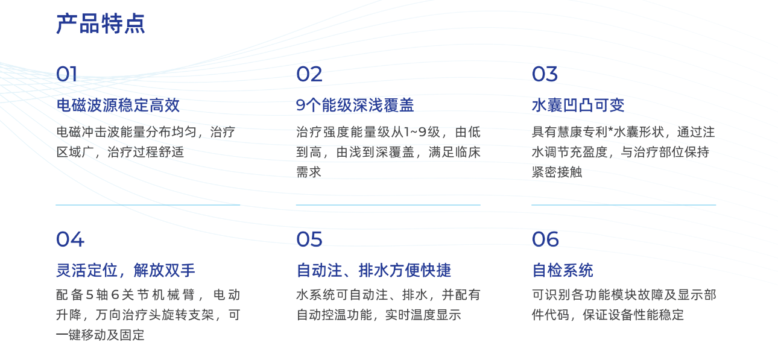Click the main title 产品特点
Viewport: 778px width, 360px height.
point(100,24)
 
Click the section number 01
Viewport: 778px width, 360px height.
point(66,74)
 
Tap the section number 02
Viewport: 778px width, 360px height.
point(309,74)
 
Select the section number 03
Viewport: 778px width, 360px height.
point(545,74)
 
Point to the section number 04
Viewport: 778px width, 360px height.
point(70,239)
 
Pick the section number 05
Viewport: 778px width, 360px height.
point(309,239)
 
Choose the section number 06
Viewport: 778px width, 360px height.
point(545,239)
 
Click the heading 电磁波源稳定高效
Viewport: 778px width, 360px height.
point(118,105)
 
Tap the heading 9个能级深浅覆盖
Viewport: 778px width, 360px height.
point(355,105)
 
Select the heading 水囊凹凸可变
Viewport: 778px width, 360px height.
point(578,105)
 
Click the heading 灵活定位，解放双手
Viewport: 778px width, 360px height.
point(125,270)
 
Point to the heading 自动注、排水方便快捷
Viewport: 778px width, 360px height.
point(374,270)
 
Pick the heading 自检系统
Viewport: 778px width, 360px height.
point(563,270)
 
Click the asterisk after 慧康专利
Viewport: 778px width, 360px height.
point(610,130)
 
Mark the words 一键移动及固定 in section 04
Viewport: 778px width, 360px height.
point(100,335)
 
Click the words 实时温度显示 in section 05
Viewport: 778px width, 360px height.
point(423,315)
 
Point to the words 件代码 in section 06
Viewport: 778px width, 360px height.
point(551,315)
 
